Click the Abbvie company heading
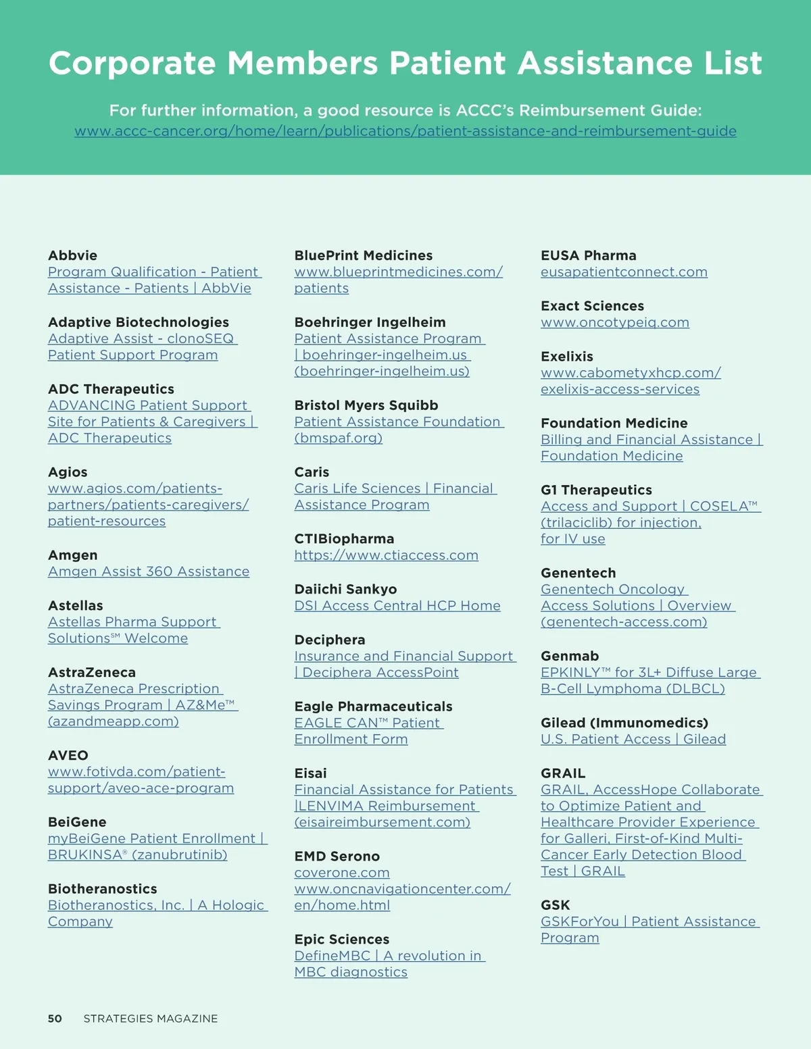pyautogui.click(x=72, y=255)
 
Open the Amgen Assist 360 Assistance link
pyautogui.click(x=149, y=571)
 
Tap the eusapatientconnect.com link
pyautogui.click(x=624, y=272)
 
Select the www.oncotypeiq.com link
pyautogui.click(x=614, y=322)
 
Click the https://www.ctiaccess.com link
pyautogui.click(x=386, y=555)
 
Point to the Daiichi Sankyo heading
pyautogui.click(x=345, y=589)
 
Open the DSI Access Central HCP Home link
pyautogui.click(x=397, y=605)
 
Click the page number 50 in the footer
pyautogui.click(x=55, y=1019)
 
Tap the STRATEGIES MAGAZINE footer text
pyautogui.click(x=151, y=1019)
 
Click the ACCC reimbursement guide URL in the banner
pyautogui.click(x=405, y=131)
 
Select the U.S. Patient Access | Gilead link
pyautogui.click(x=633, y=739)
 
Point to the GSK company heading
pyautogui.click(x=555, y=905)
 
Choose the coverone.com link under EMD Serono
pyautogui.click(x=341, y=873)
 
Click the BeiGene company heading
pyautogui.click(x=77, y=822)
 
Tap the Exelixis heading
pyautogui.click(x=566, y=356)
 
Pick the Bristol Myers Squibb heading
pyautogui.click(x=366, y=405)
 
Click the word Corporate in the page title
pyautogui.click(x=132, y=63)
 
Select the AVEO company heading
pyautogui.click(x=68, y=755)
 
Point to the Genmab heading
pyautogui.click(x=569, y=656)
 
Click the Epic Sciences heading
pyautogui.click(x=341, y=939)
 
